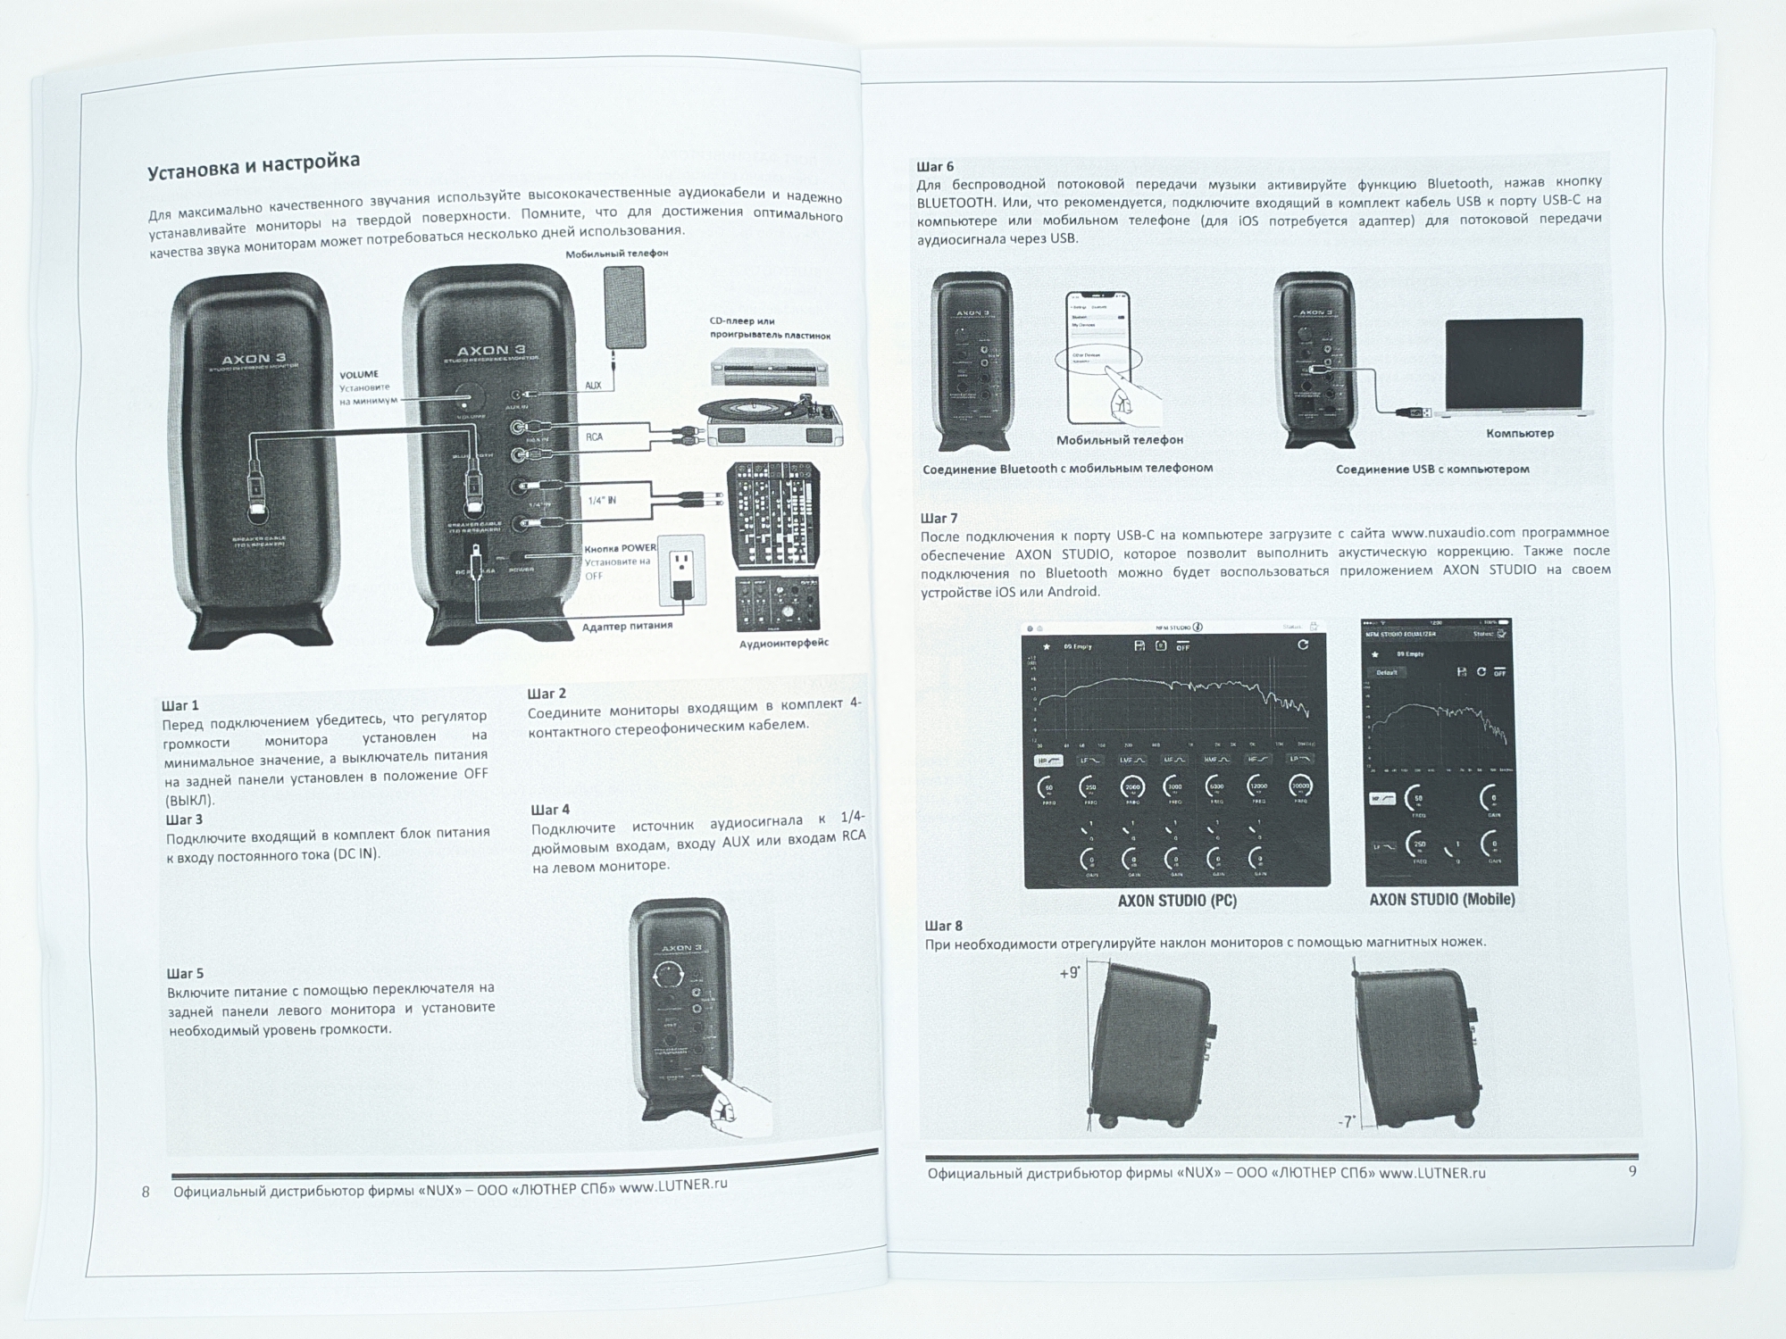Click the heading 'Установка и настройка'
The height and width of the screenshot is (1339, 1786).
coord(254,166)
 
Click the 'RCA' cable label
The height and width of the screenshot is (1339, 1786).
coord(594,437)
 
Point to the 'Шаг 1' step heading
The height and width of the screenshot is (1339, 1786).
coord(180,705)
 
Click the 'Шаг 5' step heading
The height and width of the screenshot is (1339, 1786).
coord(185,973)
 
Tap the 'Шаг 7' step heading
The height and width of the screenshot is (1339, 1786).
coord(939,518)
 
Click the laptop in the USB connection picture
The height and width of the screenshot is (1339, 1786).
coord(1513,366)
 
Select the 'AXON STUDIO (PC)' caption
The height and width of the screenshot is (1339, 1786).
coord(1177,901)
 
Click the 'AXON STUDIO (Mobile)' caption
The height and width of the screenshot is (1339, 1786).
coord(1442,899)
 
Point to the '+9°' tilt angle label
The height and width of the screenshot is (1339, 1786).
coord(1069,972)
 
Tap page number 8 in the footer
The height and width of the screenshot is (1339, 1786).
coord(146,1192)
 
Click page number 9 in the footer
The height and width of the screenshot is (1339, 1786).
coord(1632,1170)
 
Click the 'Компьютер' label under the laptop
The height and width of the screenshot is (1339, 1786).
coord(1520,433)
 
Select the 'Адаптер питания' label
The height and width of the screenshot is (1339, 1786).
coord(627,626)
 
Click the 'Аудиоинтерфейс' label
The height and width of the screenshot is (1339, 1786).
coord(783,643)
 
